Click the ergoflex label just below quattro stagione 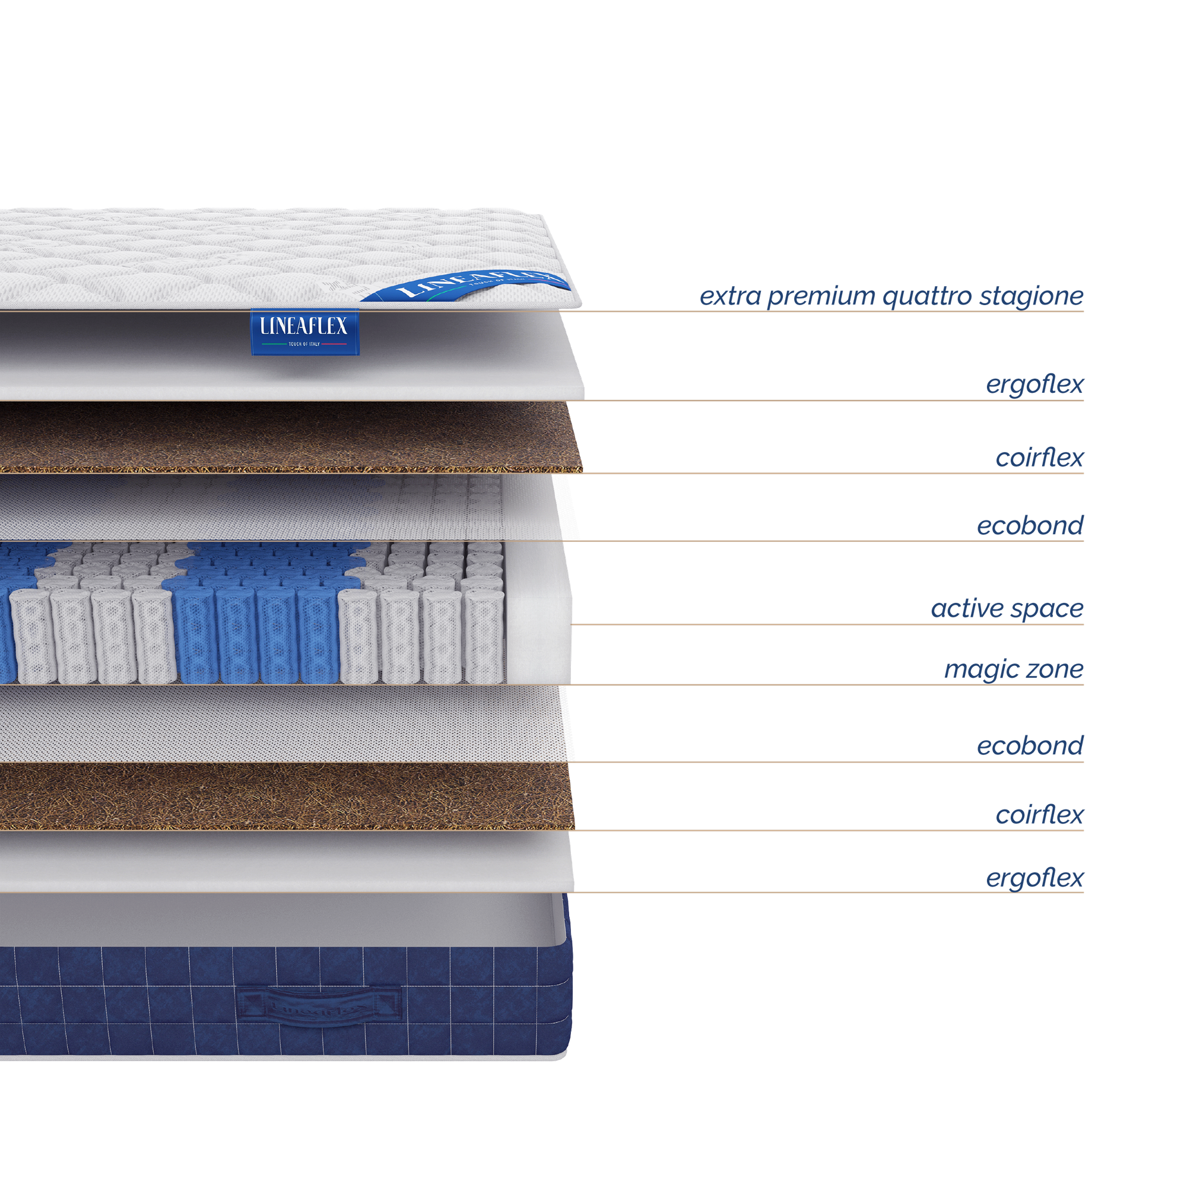point(1034,385)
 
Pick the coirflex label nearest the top point(1040,458)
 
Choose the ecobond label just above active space point(1030,526)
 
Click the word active point(965,609)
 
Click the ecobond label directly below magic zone point(1030,746)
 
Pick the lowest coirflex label point(1040,815)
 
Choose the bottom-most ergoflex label point(1034,878)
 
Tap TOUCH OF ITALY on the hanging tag point(304,344)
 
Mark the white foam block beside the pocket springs point(538,614)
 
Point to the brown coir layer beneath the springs point(283,796)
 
